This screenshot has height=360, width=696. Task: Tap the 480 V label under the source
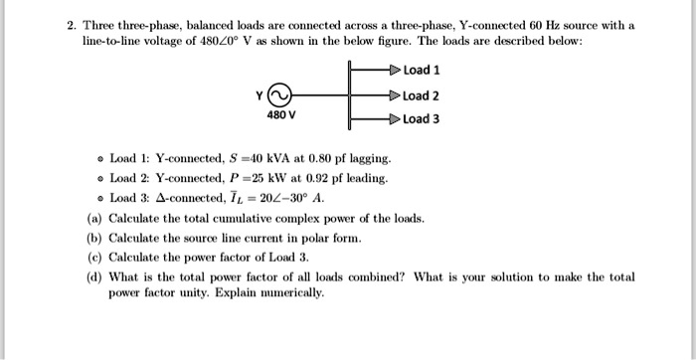pos(279,116)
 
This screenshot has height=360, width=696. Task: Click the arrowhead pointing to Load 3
pos(394,119)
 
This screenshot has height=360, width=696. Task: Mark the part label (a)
pos(94,218)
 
